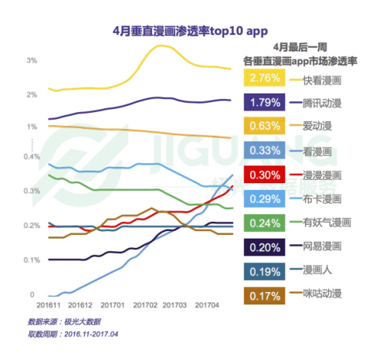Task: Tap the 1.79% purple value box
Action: pyautogui.click(x=263, y=103)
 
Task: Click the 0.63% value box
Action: pyautogui.click(x=263, y=127)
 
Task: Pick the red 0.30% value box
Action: pyautogui.click(x=263, y=175)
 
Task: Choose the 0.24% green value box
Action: pyautogui.click(x=263, y=222)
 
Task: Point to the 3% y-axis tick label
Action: pyautogui.click(x=31, y=60)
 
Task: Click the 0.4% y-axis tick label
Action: pyautogui.click(x=32, y=157)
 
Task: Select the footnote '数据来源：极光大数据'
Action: pyautogui.click(x=63, y=321)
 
